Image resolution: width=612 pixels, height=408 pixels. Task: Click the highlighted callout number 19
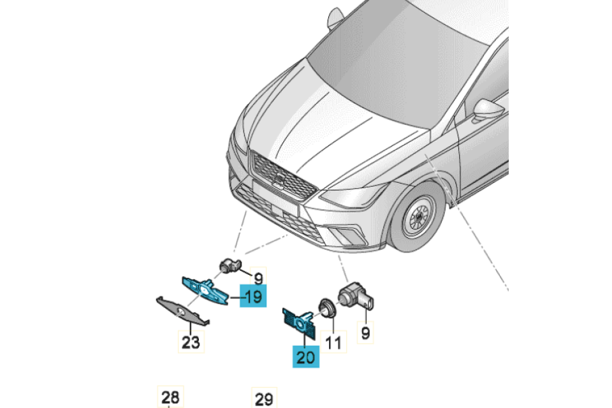253,296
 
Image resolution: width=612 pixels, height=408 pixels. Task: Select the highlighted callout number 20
306,356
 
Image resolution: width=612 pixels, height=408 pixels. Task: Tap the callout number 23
191,342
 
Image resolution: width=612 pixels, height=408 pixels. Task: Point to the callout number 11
333,342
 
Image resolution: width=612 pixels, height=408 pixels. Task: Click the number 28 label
170,397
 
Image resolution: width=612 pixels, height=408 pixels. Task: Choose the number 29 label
264,398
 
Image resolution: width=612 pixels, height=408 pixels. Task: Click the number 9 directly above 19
258,279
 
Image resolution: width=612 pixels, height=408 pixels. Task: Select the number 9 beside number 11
365,333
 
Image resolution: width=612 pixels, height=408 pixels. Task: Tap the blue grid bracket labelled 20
299,323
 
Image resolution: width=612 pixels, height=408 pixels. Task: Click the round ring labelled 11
326,308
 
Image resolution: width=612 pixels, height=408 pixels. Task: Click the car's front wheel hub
419,216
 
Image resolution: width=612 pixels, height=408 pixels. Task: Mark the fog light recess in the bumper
349,235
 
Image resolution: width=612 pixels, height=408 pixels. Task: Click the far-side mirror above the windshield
335,18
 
